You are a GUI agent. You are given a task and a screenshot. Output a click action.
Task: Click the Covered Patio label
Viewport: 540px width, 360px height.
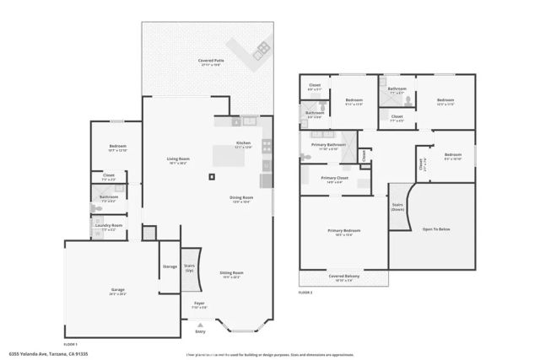pyautogui.click(x=211, y=62)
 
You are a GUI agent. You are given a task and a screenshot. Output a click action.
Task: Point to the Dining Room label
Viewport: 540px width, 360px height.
pyautogui.click(x=242, y=198)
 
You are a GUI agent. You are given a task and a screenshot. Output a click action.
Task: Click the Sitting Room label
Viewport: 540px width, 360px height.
pyautogui.click(x=231, y=274)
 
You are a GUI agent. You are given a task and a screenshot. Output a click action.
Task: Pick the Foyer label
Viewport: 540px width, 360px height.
pyautogui.click(x=199, y=303)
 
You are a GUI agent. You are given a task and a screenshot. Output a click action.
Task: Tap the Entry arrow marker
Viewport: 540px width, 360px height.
pyautogui.click(x=200, y=325)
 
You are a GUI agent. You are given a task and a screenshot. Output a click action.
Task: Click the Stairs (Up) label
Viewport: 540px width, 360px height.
pyautogui.click(x=189, y=267)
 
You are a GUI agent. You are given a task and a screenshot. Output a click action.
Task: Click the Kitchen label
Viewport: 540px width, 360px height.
pyautogui.click(x=243, y=143)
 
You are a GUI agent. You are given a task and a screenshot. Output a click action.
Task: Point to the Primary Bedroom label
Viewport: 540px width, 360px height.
pyautogui.click(x=343, y=231)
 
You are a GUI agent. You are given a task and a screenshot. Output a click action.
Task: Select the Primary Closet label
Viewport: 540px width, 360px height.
pyautogui.click(x=335, y=178)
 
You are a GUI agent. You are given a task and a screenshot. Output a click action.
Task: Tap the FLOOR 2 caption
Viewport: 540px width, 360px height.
pyautogui.click(x=305, y=292)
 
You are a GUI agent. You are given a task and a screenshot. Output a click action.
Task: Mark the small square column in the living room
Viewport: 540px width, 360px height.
pyautogui.click(x=212, y=175)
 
